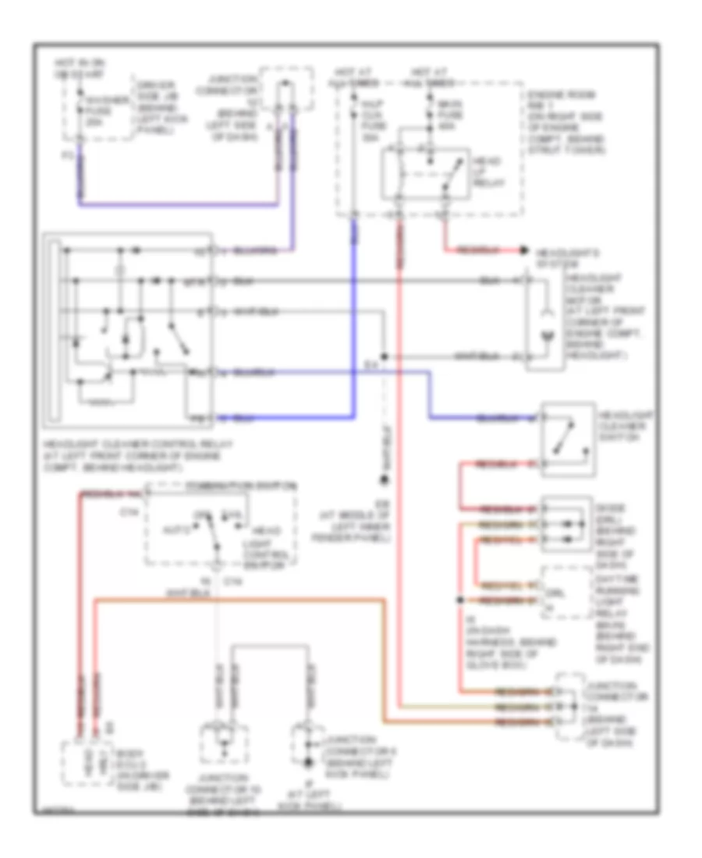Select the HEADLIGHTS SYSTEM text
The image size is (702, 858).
[x=558, y=258]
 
